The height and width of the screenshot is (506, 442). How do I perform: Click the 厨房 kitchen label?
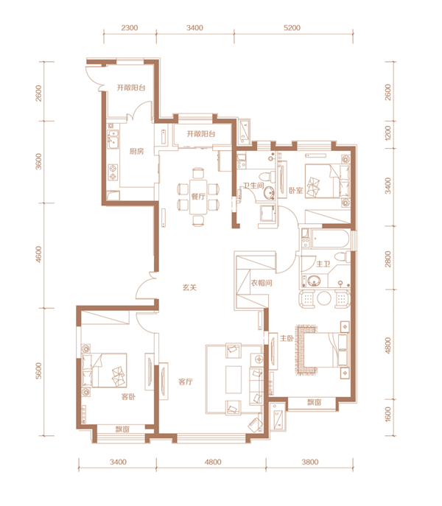click(x=136, y=151)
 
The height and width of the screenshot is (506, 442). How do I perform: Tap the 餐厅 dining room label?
click(x=198, y=196)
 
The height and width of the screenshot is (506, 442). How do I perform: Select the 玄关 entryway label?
click(x=189, y=287)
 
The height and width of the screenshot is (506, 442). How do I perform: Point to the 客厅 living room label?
click(x=186, y=382)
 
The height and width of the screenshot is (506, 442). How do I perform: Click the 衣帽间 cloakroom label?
click(x=262, y=283)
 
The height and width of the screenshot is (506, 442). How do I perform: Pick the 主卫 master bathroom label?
click(x=323, y=264)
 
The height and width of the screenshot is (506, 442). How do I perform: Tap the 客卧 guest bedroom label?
click(x=128, y=396)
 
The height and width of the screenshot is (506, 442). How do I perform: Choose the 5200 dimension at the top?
click(x=292, y=28)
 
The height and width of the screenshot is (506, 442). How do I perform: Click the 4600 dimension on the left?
click(x=39, y=254)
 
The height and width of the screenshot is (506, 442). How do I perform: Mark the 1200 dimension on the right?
click(x=387, y=133)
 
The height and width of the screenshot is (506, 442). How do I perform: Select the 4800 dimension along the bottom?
click(x=213, y=462)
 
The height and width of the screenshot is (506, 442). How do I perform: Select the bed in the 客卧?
click(x=104, y=370)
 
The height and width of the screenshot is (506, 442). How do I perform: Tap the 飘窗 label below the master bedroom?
click(x=314, y=402)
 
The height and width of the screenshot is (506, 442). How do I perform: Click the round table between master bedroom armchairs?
click(x=324, y=298)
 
